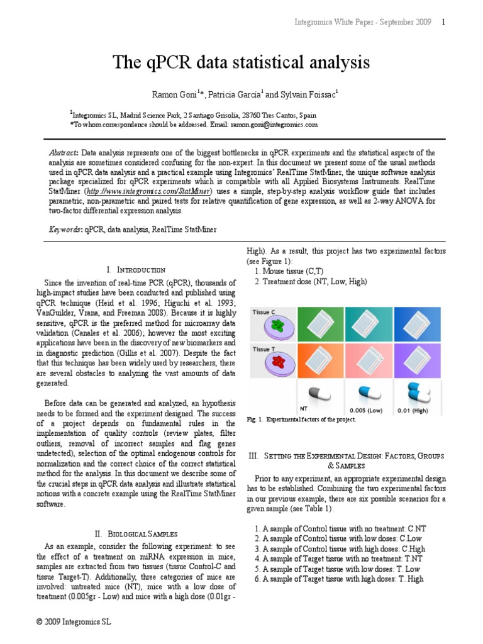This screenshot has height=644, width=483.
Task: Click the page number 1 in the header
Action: point(443,22)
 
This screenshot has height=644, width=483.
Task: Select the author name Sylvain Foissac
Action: point(308,95)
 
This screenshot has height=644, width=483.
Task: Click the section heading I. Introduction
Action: point(136,269)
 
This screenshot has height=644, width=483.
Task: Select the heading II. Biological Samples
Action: point(136,533)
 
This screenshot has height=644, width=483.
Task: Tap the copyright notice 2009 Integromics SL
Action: point(74,622)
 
